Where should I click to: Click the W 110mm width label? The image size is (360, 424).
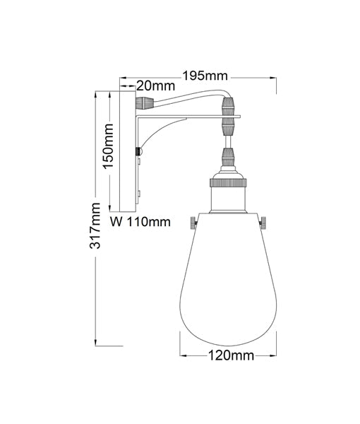coord(142,222)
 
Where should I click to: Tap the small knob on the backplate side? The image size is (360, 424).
coord(138,151)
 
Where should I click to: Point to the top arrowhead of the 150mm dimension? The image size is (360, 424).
coord(109,94)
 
